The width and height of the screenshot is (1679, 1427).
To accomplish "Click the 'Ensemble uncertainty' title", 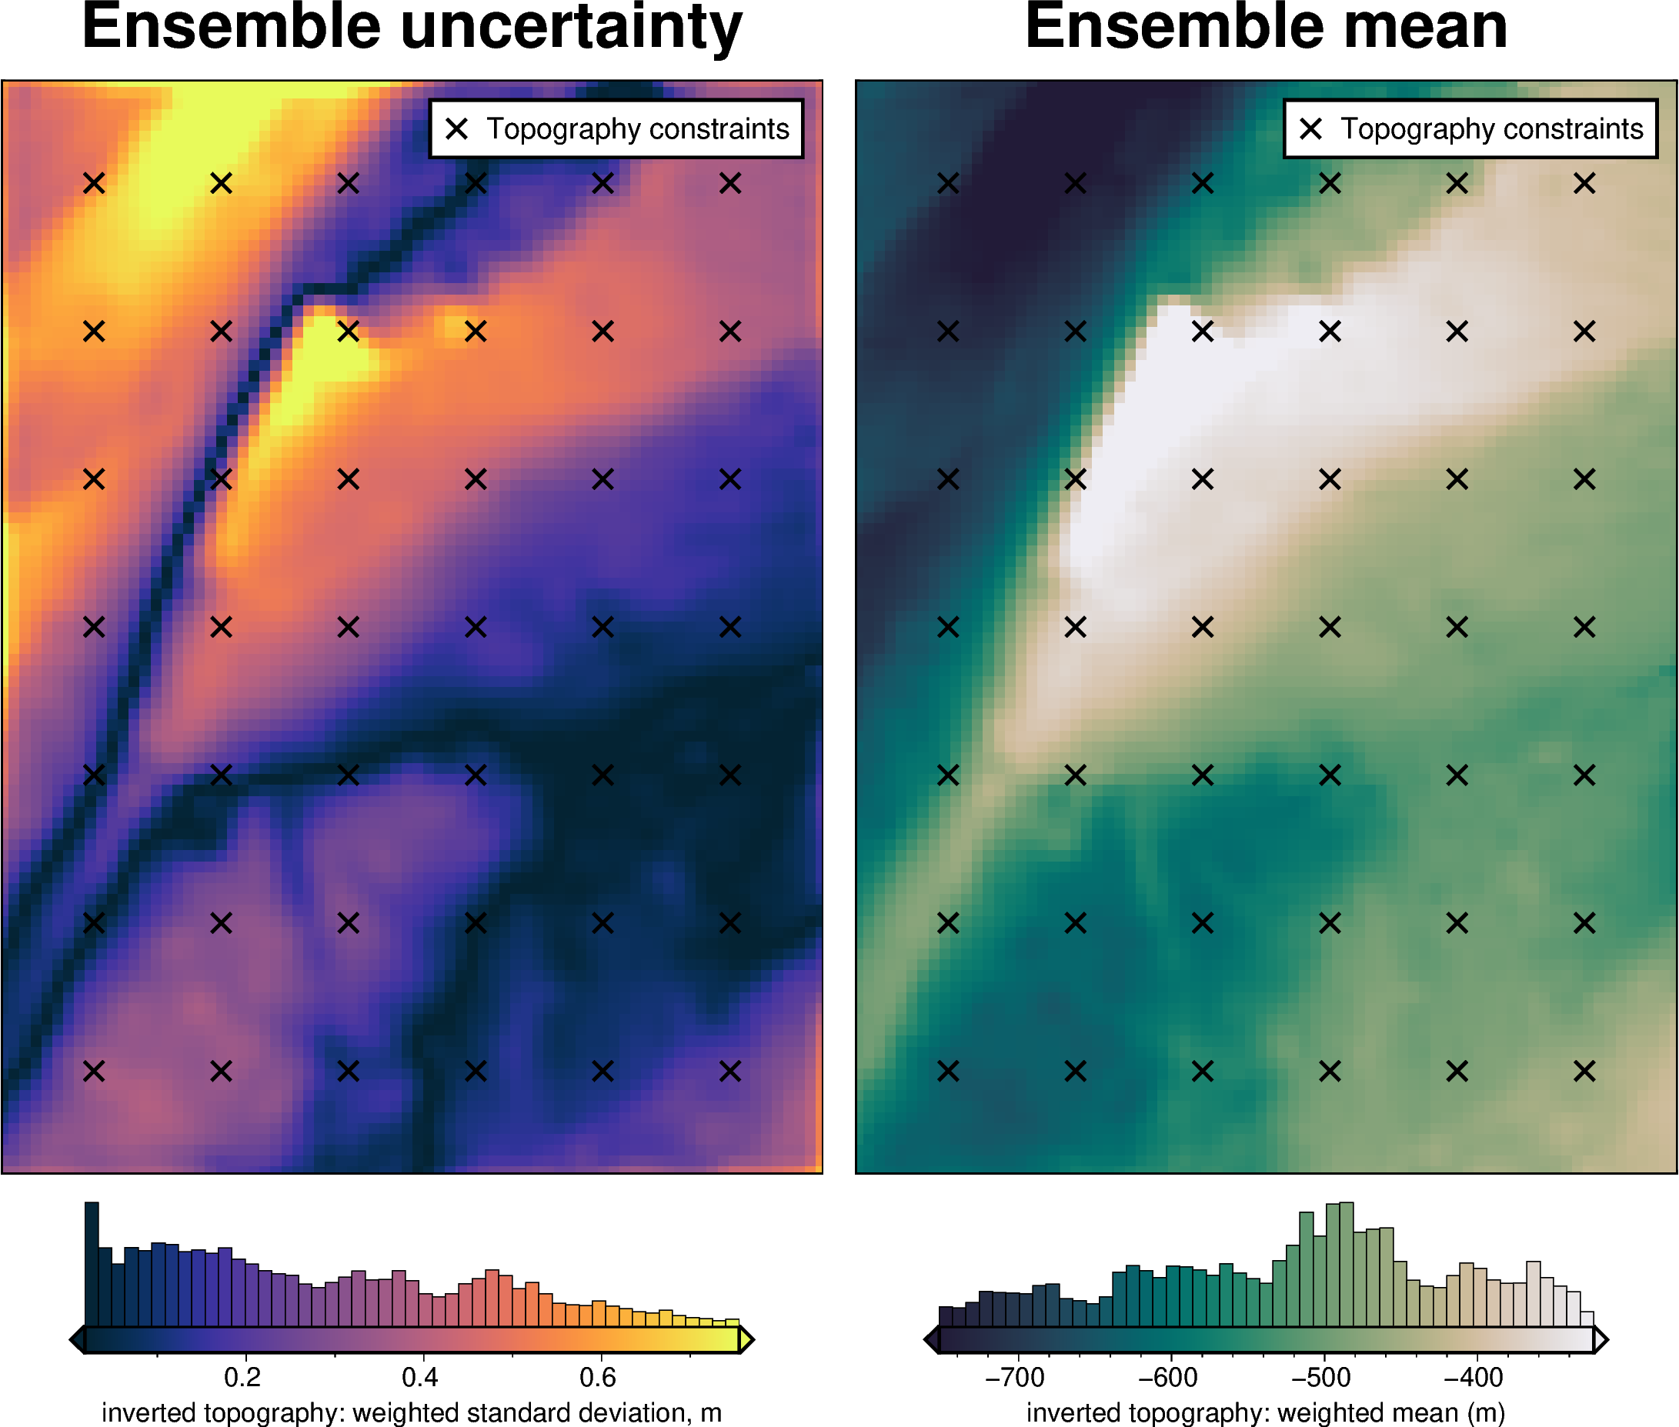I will pos(412,28).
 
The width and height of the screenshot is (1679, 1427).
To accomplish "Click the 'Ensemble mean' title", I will pos(1266,28).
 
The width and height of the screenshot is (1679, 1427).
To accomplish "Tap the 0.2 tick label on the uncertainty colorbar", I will pos(242,1377).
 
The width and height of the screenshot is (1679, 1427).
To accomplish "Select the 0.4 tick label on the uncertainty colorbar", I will pos(420,1377).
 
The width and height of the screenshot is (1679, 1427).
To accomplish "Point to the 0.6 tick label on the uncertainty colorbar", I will pos(598,1377).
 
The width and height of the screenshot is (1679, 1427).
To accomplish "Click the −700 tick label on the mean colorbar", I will pos(1014,1377).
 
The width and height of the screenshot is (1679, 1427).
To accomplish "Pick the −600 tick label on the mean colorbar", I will pos(1167,1377).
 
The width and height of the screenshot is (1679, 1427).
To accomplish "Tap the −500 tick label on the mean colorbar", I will pos(1320,1377).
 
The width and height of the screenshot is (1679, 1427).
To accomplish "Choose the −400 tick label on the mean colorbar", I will pos(1474,1377).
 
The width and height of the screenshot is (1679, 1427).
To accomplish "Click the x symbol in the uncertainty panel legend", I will pos(457,128).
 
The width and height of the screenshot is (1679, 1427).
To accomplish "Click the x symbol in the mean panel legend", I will pos(1311,128).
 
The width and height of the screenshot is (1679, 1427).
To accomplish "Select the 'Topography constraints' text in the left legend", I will pos(638,129).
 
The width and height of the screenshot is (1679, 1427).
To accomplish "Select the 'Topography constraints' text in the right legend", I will pos(1492,129).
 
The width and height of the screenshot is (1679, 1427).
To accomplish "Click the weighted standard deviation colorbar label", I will pos(411,1412).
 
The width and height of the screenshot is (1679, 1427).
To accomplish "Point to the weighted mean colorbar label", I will pos(1266,1412).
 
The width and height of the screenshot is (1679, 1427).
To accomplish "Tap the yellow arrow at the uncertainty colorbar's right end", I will pos(747,1339).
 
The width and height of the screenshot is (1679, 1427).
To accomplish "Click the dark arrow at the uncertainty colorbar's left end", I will pos(78,1339).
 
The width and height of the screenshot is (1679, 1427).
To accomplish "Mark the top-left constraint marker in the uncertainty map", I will pos(94,184).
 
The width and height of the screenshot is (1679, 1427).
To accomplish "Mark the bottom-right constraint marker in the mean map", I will pos(1584,1071).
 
